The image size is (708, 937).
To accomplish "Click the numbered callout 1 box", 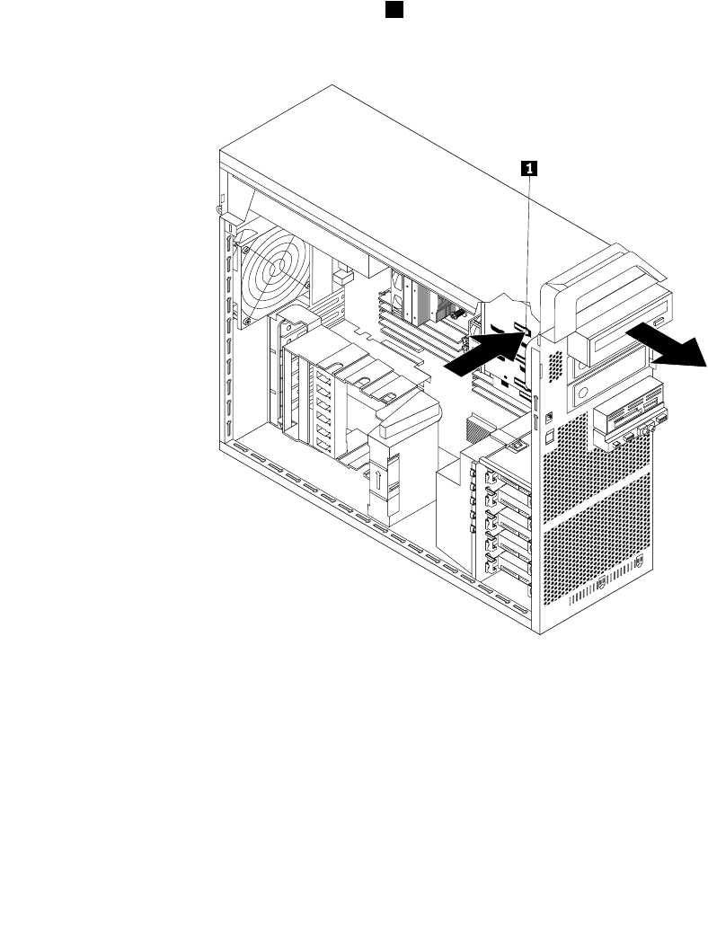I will tap(530, 167).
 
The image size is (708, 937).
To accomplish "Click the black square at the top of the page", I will tap(394, 9).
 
